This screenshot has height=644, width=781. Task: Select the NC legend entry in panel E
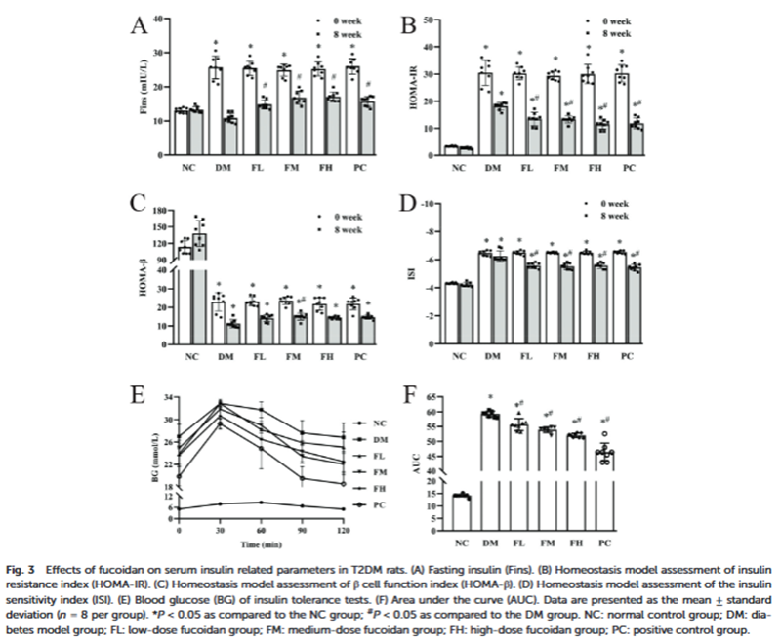tap(361, 423)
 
